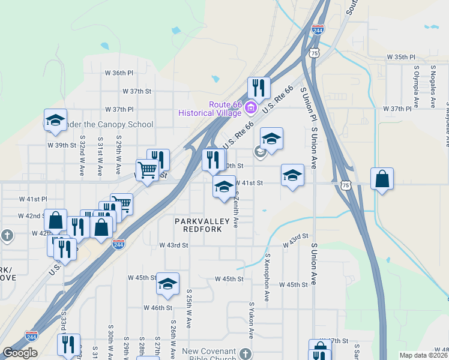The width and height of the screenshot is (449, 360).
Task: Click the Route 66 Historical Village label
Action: click(x=209, y=109)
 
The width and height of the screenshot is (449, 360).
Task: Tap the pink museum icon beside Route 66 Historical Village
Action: click(x=251, y=109)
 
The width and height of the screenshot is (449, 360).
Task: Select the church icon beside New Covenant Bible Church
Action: click(x=245, y=353)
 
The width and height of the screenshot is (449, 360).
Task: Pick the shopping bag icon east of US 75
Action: click(x=382, y=179)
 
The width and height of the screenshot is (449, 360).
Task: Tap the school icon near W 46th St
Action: click(x=168, y=284)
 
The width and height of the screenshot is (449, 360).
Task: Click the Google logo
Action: click(x=20, y=353)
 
